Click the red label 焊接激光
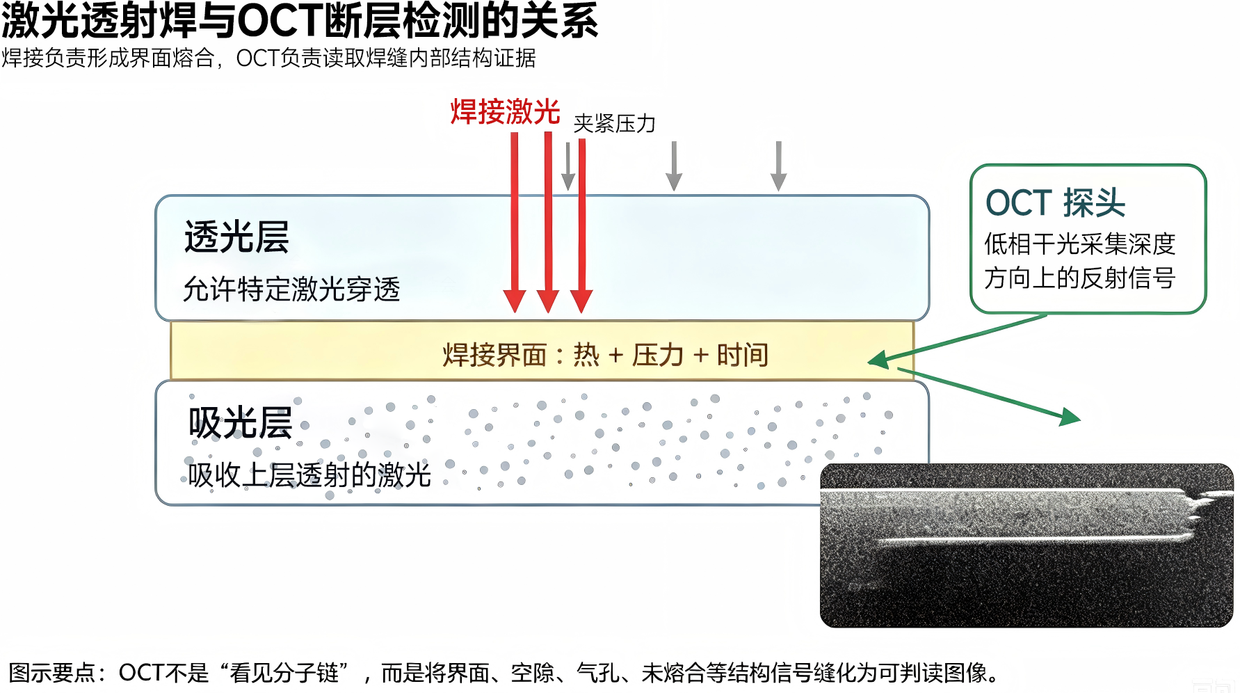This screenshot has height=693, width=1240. [x=505, y=112]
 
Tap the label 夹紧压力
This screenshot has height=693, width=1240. [x=615, y=124]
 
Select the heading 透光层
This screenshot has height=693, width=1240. [x=236, y=237]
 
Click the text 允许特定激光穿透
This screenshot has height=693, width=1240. [x=291, y=289]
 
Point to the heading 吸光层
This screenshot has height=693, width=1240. [x=240, y=422]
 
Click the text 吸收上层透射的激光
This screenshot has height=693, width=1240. [x=309, y=475]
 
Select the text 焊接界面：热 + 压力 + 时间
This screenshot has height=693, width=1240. [x=605, y=355]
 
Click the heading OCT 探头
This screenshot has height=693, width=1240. [x=1055, y=203]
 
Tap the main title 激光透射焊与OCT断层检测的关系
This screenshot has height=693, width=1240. [x=300, y=21]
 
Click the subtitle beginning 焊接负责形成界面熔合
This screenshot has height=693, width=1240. [x=268, y=58]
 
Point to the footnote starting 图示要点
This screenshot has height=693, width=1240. [x=504, y=673]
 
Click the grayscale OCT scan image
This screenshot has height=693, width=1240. [x=1026, y=545]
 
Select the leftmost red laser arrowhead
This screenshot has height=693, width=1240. [x=515, y=301]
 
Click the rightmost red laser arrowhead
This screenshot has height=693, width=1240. [x=581, y=301]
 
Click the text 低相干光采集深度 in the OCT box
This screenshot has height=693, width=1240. [x=1079, y=244]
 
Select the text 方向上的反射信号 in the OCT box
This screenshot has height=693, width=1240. [x=1079, y=278]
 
